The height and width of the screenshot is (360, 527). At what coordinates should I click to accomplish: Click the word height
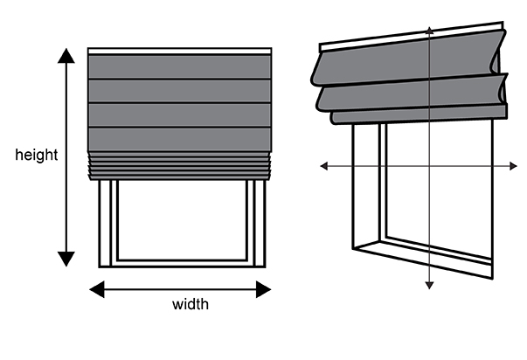pos(37,156)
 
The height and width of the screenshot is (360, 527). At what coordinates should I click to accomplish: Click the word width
pos(191,305)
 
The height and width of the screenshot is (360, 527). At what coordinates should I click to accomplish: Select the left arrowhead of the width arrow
pos(95,289)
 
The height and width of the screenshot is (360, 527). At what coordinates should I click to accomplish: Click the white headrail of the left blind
pos(180,52)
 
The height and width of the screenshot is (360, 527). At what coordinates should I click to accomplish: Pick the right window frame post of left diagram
pos(258,222)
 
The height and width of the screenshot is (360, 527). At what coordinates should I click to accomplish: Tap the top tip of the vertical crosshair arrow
pos(429,29)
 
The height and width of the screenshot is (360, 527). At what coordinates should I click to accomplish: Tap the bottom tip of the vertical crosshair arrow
pos(429,286)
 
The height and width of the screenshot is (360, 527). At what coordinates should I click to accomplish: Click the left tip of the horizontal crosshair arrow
pos(321,165)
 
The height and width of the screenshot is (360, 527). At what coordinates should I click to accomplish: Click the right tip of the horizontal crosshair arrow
pos(515,165)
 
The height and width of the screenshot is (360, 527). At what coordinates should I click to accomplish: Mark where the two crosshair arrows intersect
pos(429,165)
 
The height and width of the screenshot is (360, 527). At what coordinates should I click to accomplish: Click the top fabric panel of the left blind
pos(180,67)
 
